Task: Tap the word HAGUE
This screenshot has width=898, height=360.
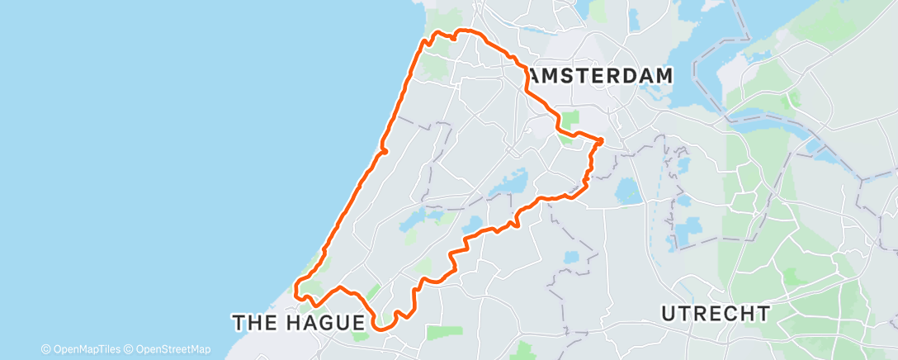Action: (x=326, y=322)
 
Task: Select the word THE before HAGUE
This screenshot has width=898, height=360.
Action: (x=254, y=322)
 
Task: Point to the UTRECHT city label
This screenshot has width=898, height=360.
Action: (x=716, y=314)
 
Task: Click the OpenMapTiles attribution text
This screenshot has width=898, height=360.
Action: (x=86, y=349)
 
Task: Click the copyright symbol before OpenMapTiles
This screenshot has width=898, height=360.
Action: (x=46, y=349)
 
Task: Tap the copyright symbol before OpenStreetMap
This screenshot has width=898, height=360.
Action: (x=128, y=349)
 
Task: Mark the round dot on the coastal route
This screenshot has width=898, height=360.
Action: (x=384, y=151)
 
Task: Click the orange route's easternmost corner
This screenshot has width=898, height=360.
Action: (x=601, y=140)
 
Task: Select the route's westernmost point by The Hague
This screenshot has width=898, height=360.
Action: (x=296, y=289)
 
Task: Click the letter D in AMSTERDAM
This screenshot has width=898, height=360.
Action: (x=629, y=75)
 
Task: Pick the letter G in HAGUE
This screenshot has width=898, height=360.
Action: (x=326, y=322)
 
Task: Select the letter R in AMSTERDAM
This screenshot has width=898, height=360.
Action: (x=612, y=75)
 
